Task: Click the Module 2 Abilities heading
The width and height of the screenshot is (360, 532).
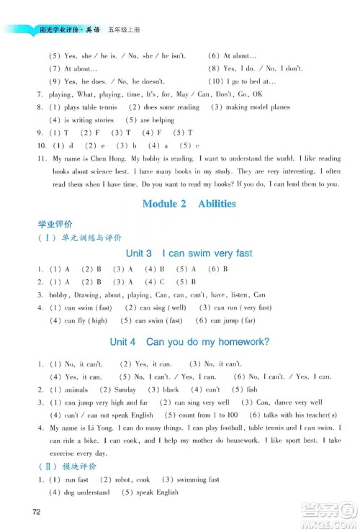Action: (189, 204)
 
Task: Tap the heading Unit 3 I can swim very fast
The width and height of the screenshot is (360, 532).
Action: (189, 253)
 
